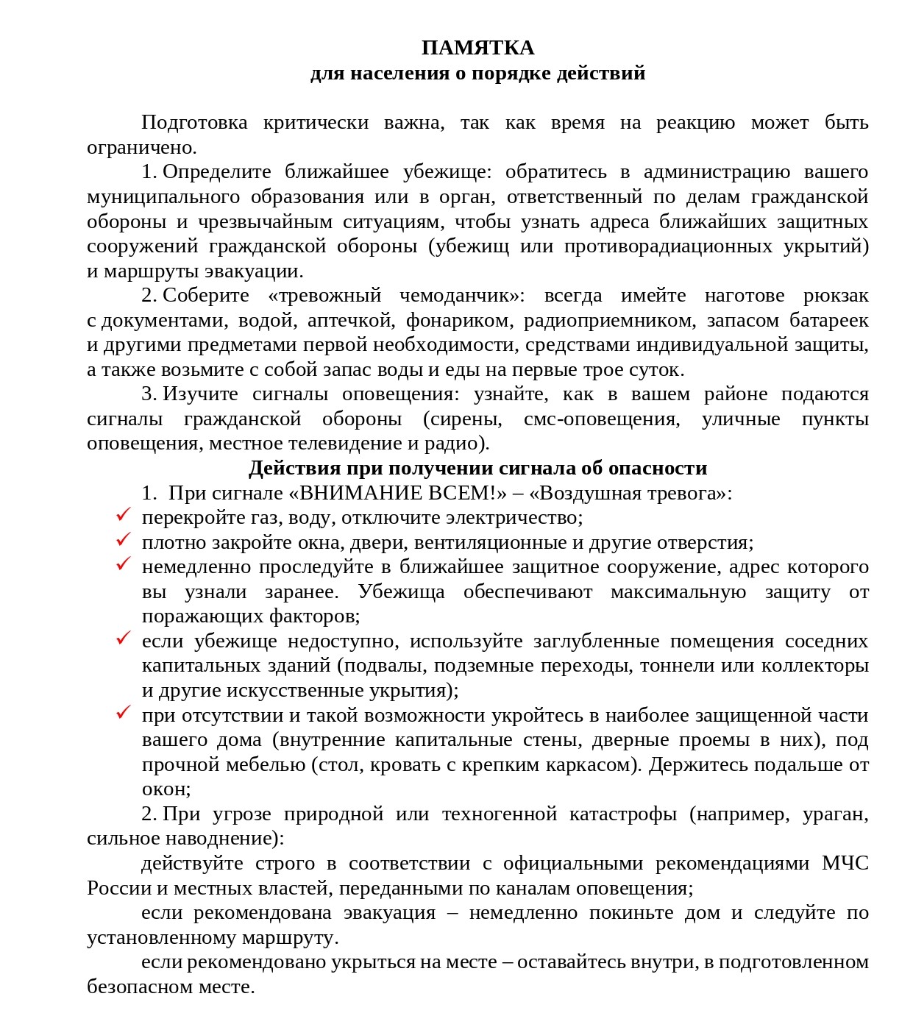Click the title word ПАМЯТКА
477,48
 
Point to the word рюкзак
836,296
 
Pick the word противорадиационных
668,246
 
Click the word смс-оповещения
602,419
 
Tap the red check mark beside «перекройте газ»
123,515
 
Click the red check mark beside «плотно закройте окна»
123,540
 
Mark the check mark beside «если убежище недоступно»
123,639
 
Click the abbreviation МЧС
845,864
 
